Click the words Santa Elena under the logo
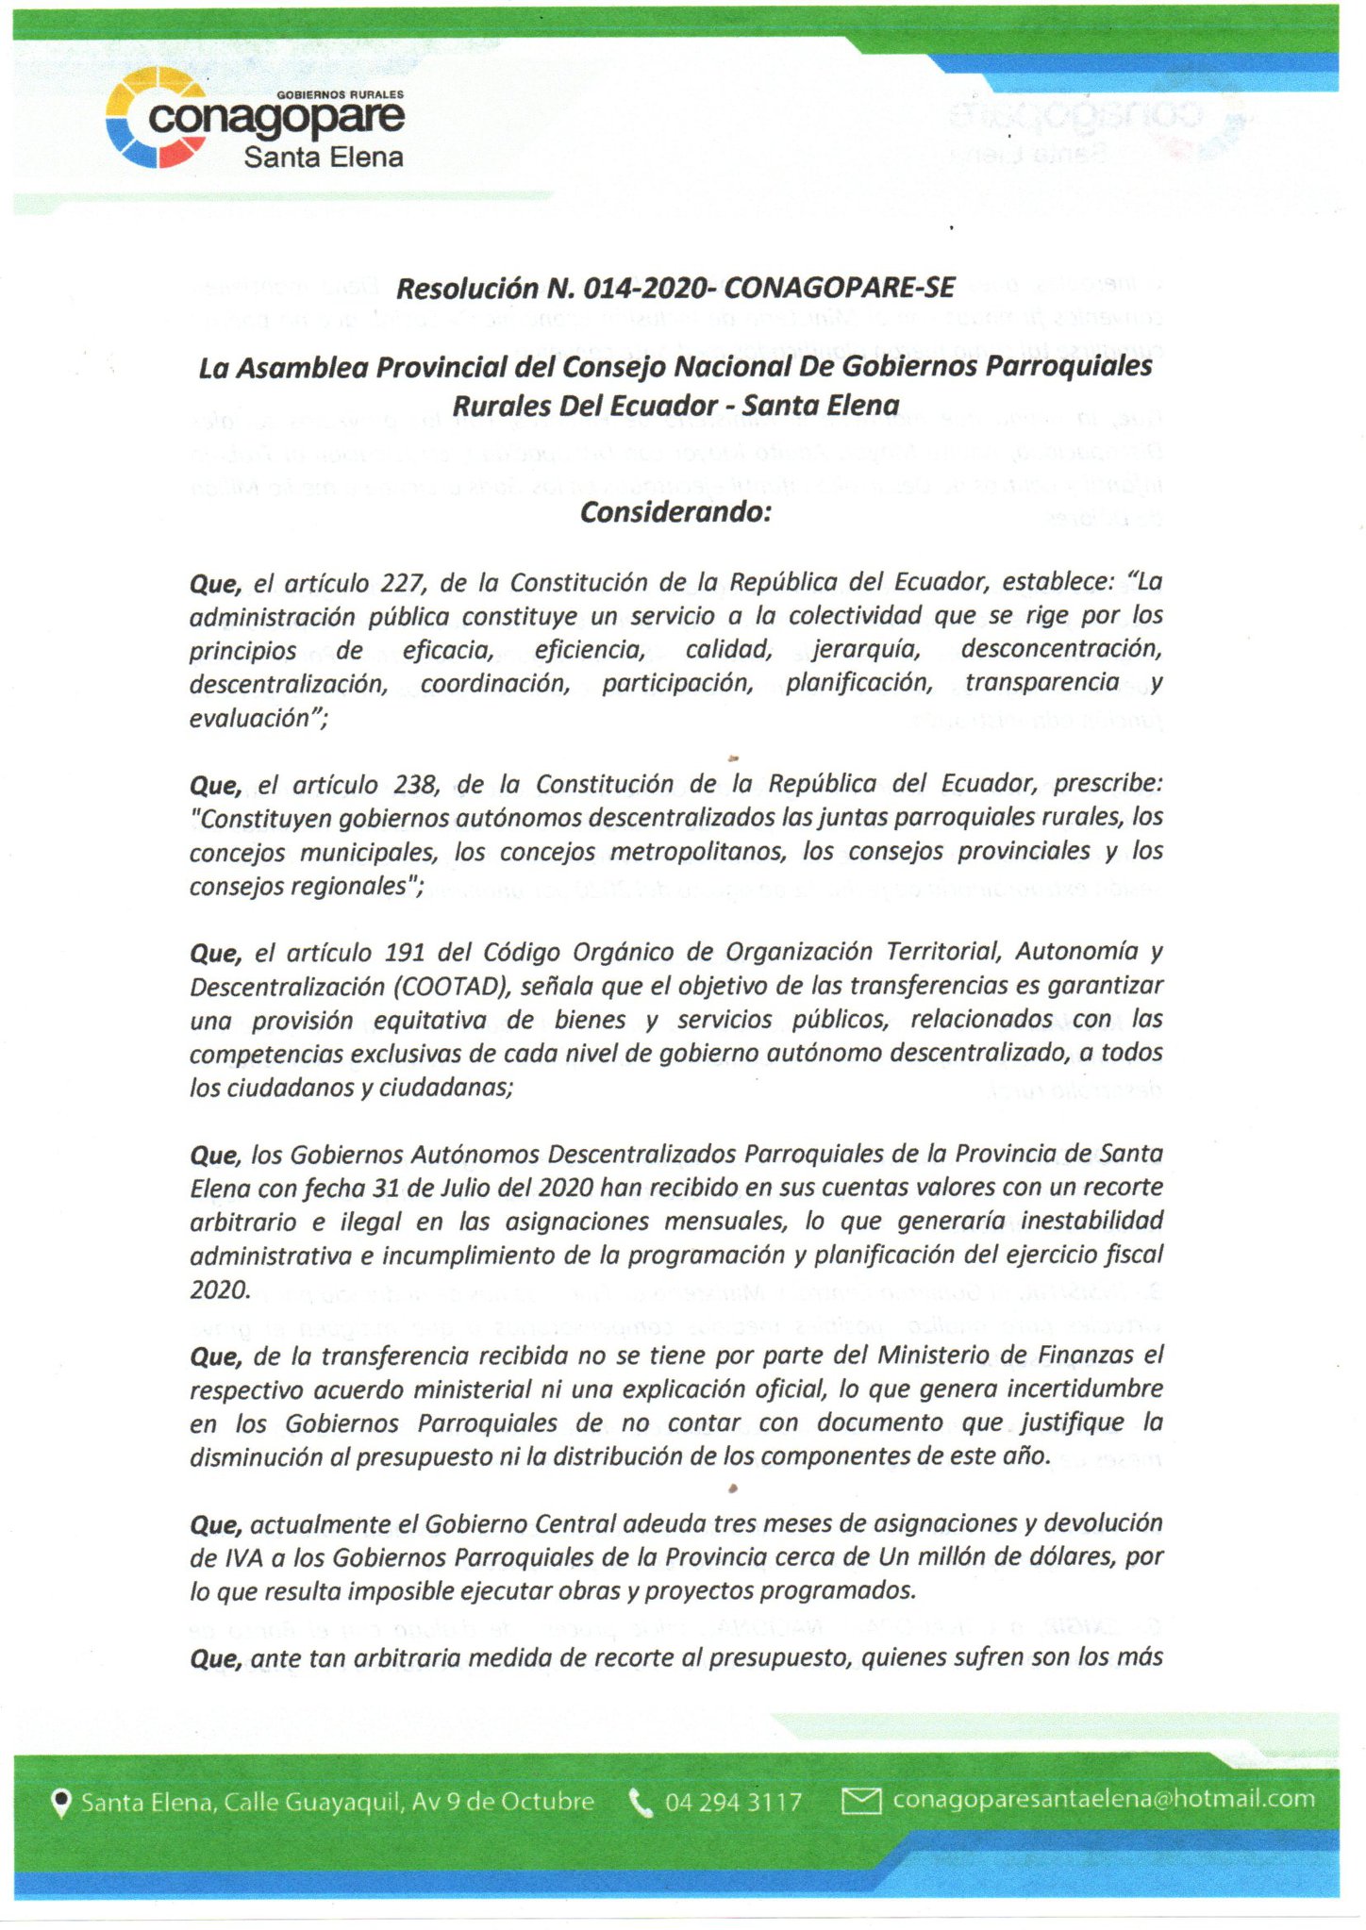[x=323, y=158]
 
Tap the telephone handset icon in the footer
[x=641, y=1803]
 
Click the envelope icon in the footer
[x=860, y=1801]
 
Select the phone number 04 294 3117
[x=733, y=1803]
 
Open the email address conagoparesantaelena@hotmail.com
[x=1104, y=1799]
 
